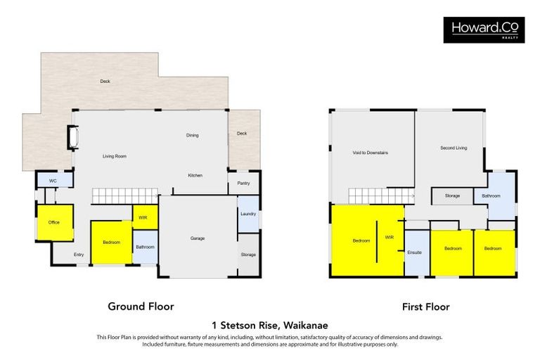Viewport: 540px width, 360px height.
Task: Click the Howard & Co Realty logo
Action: tap(483, 30)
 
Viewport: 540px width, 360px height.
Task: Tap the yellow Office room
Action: tap(53, 222)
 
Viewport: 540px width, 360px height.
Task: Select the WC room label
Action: tap(53, 181)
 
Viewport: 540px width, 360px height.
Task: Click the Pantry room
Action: tap(243, 183)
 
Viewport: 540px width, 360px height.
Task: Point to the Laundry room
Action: tap(247, 214)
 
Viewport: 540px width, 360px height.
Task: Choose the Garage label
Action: tap(198, 238)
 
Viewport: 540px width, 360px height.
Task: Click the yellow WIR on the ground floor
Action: tap(144, 217)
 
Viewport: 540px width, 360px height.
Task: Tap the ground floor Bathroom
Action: tap(145, 247)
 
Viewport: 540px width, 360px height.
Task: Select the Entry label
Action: tap(78, 255)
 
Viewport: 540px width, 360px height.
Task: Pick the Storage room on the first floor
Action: tap(452, 195)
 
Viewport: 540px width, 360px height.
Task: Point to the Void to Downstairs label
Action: tap(371, 153)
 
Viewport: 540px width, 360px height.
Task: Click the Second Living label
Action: tap(454, 148)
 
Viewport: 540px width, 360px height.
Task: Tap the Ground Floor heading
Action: tap(141, 307)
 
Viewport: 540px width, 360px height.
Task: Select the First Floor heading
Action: tap(425, 307)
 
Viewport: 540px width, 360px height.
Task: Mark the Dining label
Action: tap(192, 135)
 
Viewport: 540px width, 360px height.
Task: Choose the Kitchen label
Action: tap(195, 175)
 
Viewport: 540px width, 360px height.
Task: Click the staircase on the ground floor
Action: tap(124, 195)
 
